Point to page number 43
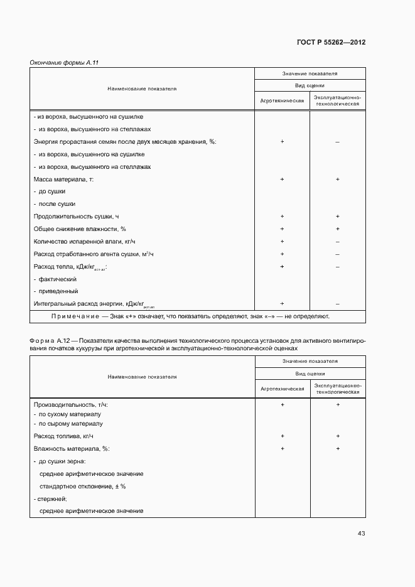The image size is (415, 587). click(361, 534)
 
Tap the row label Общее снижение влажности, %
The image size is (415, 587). click(79, 229)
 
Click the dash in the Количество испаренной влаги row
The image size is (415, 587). click(338, 242)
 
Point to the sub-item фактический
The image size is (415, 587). click(57, 279)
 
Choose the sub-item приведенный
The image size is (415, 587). click(57, 291)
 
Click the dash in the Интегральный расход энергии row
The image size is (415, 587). click(338, 303)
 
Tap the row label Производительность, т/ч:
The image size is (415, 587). click(75, 405)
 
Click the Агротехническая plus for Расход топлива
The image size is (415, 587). click(283, 436)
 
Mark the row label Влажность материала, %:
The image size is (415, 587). click(71, 448)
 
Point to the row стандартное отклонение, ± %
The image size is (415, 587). click(83, 486)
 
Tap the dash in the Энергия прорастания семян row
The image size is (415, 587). click(338, 142)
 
